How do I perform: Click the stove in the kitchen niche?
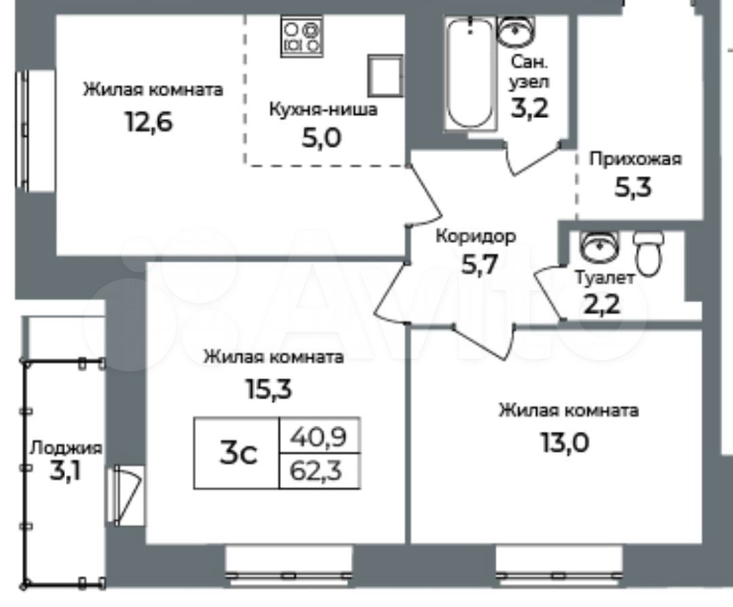pos(302,37)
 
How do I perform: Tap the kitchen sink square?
pos(386,75)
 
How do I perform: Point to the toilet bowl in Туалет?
pos(648,253)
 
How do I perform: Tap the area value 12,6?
pos(149,122)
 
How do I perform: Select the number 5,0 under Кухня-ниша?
pos(321,138)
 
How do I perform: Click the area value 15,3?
pos(268,388)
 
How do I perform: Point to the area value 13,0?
pos(565,443)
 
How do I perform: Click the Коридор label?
pos(476,237)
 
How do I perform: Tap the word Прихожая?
pos(635,160)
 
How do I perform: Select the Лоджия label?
pos(65,449)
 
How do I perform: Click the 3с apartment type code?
pos(238,453)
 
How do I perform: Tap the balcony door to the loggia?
pos(126,495)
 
